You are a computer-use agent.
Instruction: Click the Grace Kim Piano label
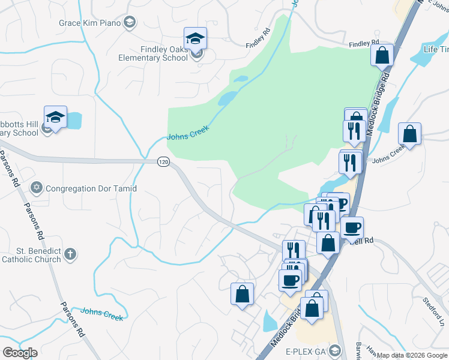coord(89,23)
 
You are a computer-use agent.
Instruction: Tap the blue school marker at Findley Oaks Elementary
coord(195,39)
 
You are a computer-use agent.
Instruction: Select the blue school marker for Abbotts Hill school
coord(55,117)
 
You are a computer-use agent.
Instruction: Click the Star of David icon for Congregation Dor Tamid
coord(37,188)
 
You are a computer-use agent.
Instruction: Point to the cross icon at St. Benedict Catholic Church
coord(70,254)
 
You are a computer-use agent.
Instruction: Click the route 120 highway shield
coord(163,162)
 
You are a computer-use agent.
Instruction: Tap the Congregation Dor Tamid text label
coord(91,188)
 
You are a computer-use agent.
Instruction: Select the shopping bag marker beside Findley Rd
coord(382,56)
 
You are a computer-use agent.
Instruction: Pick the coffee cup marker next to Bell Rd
coord(352,228)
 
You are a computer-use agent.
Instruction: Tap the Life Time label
coord(436,49)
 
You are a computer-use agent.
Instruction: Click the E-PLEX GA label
coord(306,351)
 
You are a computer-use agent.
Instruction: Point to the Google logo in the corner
coord(20,352)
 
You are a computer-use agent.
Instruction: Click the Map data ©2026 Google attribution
coord(412,355)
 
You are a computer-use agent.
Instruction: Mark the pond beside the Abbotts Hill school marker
coord(74,121)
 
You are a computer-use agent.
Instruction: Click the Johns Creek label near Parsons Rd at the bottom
coord(102,314)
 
